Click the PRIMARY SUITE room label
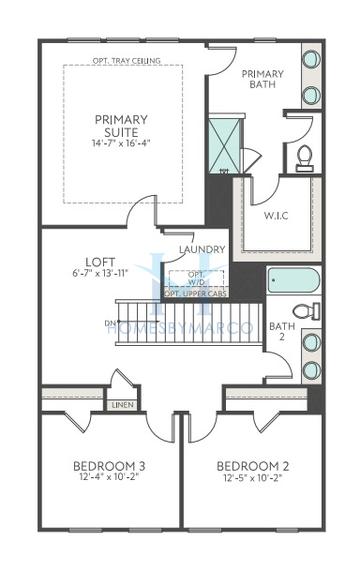[121, 126]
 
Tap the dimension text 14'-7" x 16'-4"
[121, 142]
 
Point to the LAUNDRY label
[201, 249]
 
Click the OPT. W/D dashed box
[198, 277]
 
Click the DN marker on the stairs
[109, 322]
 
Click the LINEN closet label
[123, 405]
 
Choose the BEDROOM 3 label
[111, 466]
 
